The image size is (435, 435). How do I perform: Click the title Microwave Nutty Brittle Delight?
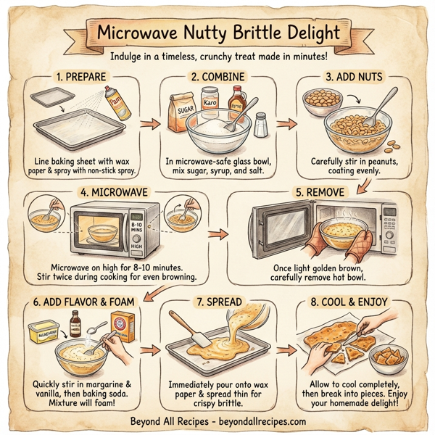click(217, 33)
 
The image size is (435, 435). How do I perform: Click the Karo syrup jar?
click(210, 101)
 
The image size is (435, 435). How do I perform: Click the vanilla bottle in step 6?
click(74, 320)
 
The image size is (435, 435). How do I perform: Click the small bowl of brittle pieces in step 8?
click(388, 359)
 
